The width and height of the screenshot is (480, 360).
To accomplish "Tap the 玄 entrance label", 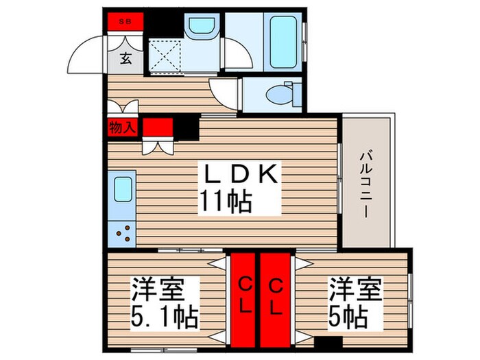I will point(126,58).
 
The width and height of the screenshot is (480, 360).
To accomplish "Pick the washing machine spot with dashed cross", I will point(165,54).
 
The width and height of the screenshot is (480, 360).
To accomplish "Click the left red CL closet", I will point(243,296).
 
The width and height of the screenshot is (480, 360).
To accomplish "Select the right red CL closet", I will point(275,296).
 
